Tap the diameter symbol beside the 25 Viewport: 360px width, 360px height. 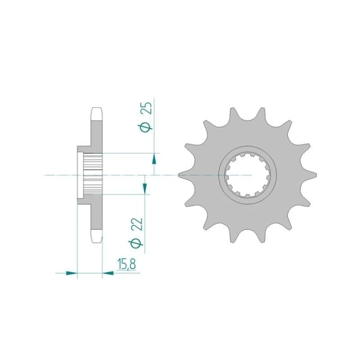pos(145,128)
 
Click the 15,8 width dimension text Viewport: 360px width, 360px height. pos(126,264)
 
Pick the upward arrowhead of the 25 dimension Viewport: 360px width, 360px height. pos(154,159)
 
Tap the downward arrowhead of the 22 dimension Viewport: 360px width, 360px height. pos(145,188)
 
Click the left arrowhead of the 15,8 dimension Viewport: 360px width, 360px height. pos(71,273)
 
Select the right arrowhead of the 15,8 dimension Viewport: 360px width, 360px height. pos(108,273)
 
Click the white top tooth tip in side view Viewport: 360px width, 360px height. pos(97,114)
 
